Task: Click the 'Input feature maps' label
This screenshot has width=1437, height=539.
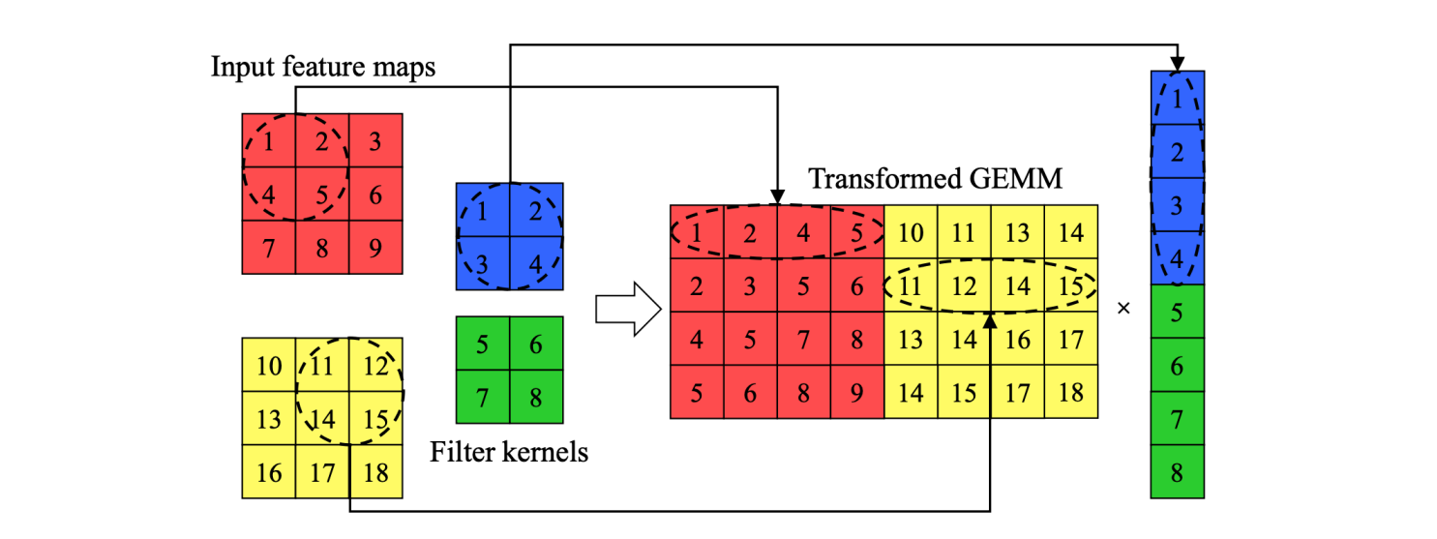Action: pyautogui.click(x=322, y=68)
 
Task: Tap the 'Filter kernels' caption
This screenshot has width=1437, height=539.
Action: pyautogui.click(x=509, y=451)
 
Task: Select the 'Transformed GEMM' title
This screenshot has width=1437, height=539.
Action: pyautogui.click(x=935, y=179)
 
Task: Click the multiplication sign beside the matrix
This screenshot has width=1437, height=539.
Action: pyautogui.click(x=1123, y=309)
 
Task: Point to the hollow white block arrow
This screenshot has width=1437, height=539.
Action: pyautogui.click(x=627, y=310)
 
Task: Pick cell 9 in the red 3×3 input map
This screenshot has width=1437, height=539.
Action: pyautogui.click(x=375, y=247)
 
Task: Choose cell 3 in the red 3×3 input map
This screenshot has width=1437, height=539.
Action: pyautogui.click(x=375, y=141)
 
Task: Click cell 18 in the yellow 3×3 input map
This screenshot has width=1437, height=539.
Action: pyautogui.click(x=375, y=472)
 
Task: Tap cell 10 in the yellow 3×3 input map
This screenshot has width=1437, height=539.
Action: pyautogui.click(x=269, y=366)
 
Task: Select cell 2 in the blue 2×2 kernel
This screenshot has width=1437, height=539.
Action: pyautogui.click(x=536, y=210)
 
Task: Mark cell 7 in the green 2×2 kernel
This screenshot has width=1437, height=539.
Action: pyautogui.click(x=483, y=397)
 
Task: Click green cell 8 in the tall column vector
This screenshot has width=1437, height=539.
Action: pyautogui.click(x=1177, y=472)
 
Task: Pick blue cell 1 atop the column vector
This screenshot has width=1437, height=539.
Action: pyautogui.click(x=1177, y=97)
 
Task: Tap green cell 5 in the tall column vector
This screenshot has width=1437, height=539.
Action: pyautogui.click(x=1177, y=312)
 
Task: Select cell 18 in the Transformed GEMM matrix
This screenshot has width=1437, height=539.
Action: pyautogui.click(x=1070, y=393)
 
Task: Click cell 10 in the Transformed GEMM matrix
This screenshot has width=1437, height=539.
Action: pyautogui.click(x=911, y=232)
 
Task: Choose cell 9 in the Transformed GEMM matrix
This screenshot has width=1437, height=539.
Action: pyautogui.click(x=857, y=393)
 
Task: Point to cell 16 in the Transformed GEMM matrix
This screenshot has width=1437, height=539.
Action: pyautogui.click(x=1017, y=339)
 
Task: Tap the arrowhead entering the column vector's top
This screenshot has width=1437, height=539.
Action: pyautogui.click(x=1177, y=63)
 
